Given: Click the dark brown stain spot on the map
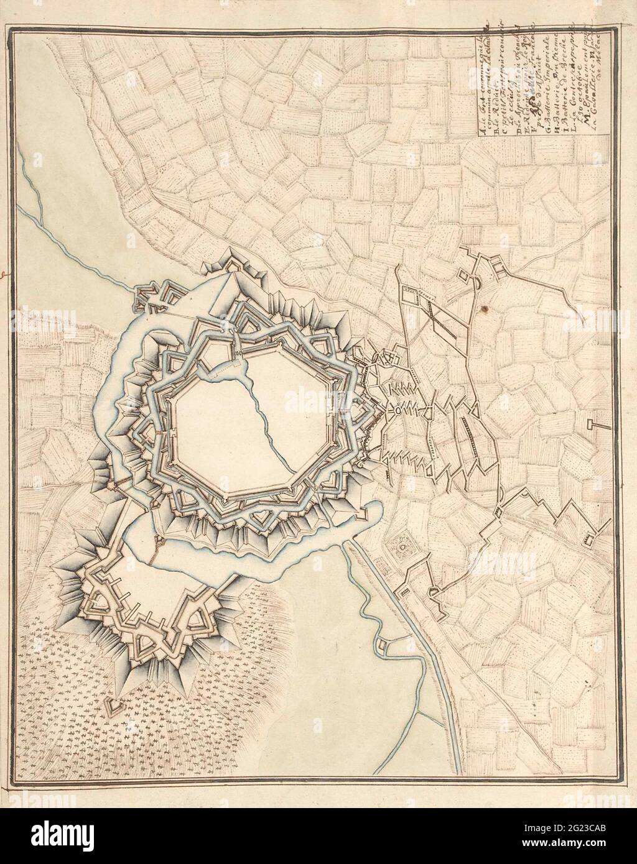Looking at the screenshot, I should pyautogui.click(x=481, y=308).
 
